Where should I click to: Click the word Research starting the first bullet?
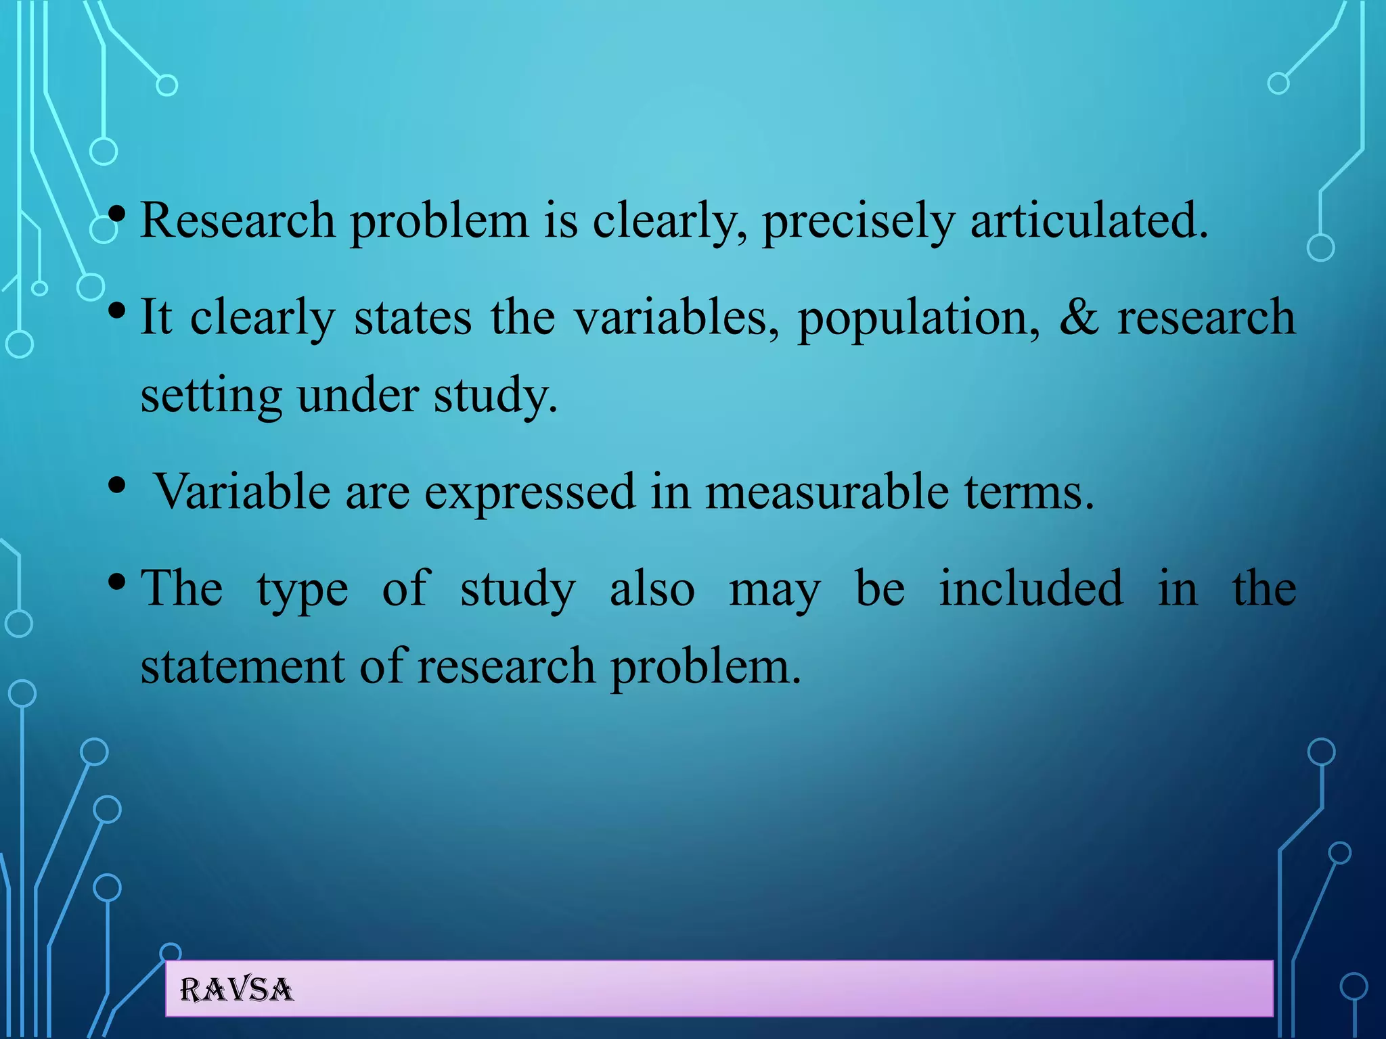point(237,221)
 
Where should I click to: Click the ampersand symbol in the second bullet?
point(1079,317)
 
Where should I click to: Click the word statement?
point(243,667)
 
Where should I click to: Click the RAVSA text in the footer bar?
point(236,990)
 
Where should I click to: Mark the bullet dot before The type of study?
point(117,581)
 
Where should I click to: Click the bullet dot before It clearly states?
point(117,311)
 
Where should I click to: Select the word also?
point(652,588)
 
